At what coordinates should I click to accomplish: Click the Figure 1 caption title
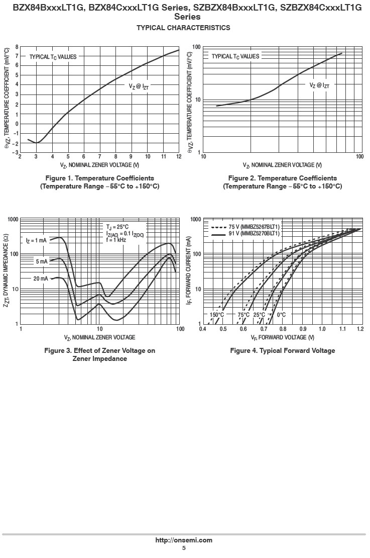pyautogui.click(x=99, y=178)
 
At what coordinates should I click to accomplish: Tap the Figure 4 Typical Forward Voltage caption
pyautogui.click(x=282, y=350)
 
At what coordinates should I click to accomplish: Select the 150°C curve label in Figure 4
pyautogui.click(x=217, y=315)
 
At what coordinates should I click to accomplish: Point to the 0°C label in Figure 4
pyautogui.click(x=281, y=315)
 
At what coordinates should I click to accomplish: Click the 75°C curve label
pyautogui.click(x=243, y=315)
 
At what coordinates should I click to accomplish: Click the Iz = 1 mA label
pyautogui.click(x=36, y=241)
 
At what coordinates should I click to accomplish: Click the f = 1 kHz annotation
pyautogui.click(x=116, y=240)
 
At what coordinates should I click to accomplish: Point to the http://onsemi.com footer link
pyautogui.click(x=184, y=540)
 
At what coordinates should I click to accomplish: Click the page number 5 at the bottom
pyautogui.click(x=184, y=548)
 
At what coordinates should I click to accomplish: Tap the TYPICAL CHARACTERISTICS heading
pyautogui.click(x=183, y=28)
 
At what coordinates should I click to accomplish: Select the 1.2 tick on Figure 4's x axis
pyautogui.click(x=360, y=329)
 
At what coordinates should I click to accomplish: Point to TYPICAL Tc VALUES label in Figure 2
pyautogui.click(x=235, y=56)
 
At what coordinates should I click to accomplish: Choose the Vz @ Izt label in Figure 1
pyautogui.click(x=139, y=86)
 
